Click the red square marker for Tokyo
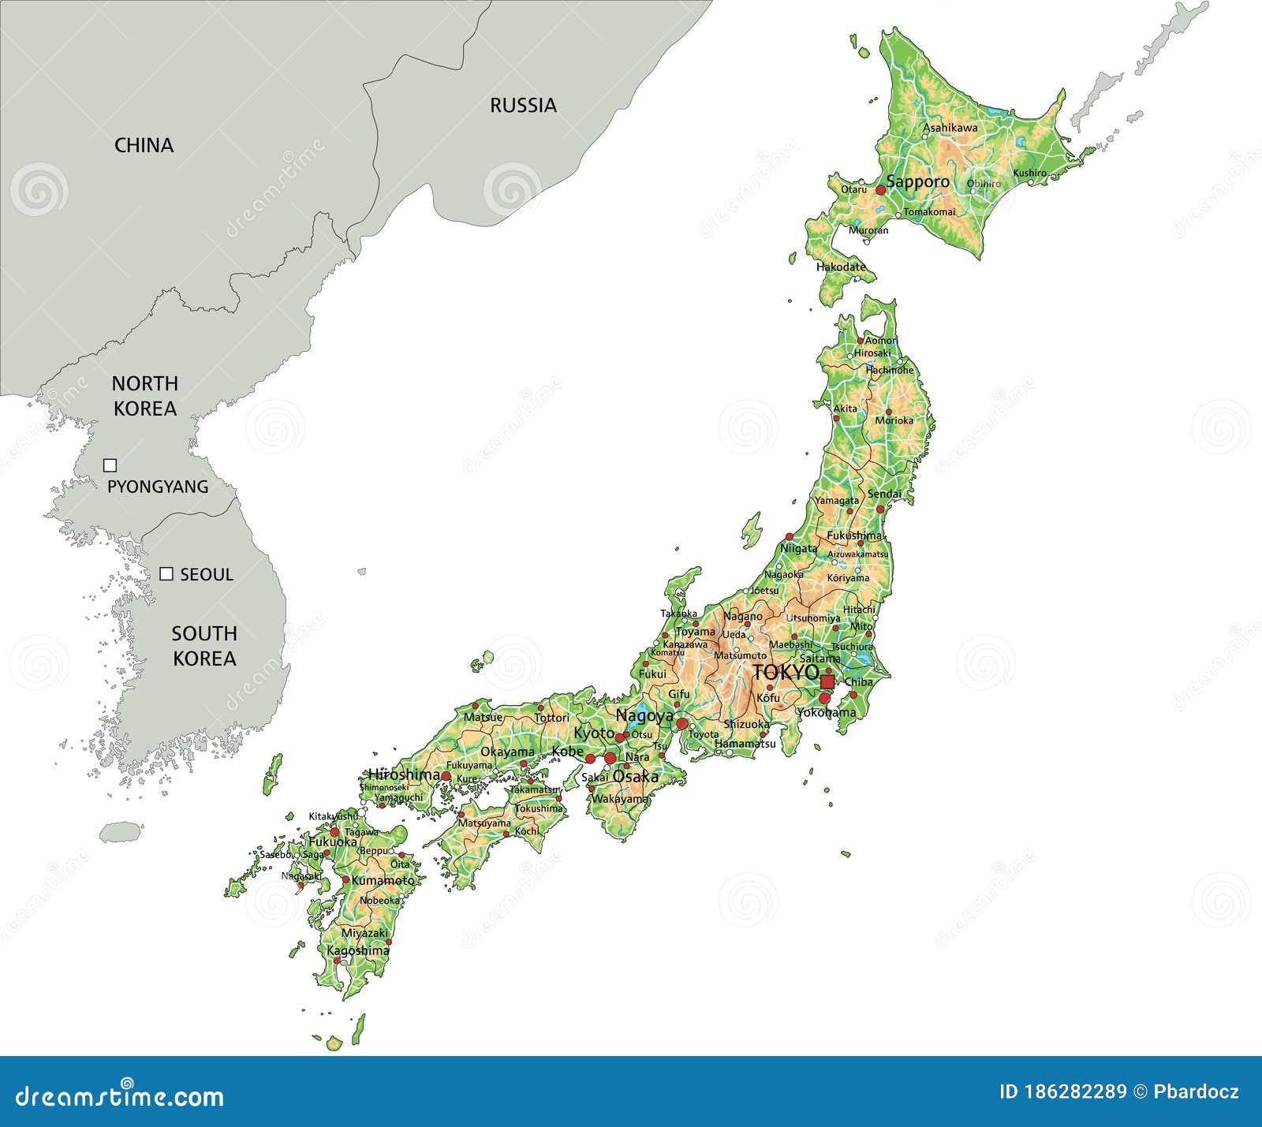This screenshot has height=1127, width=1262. [827, 681]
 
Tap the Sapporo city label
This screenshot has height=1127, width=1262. [917, 182]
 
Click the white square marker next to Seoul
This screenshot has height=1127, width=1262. [166, 574]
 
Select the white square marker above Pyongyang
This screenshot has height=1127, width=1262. [110, 465]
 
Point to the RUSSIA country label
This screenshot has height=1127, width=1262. [523, 105]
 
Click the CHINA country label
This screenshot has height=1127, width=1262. [144, 145]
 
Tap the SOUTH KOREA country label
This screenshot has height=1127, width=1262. [204, 646]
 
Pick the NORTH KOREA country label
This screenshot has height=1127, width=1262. [144, 396]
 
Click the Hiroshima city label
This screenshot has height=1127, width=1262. [403, 775]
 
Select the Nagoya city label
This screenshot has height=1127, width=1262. [644, 716]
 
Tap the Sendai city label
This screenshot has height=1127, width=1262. [883, 494]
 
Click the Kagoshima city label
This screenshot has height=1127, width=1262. [357, 951]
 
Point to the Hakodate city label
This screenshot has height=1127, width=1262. [840, 267]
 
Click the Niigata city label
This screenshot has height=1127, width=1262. [798, 548]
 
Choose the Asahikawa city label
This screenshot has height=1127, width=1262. [950, 128]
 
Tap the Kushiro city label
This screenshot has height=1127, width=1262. [1029, 173]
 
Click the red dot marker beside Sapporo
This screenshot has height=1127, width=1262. [880, 190]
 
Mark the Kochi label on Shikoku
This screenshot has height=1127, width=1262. [527, 831]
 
